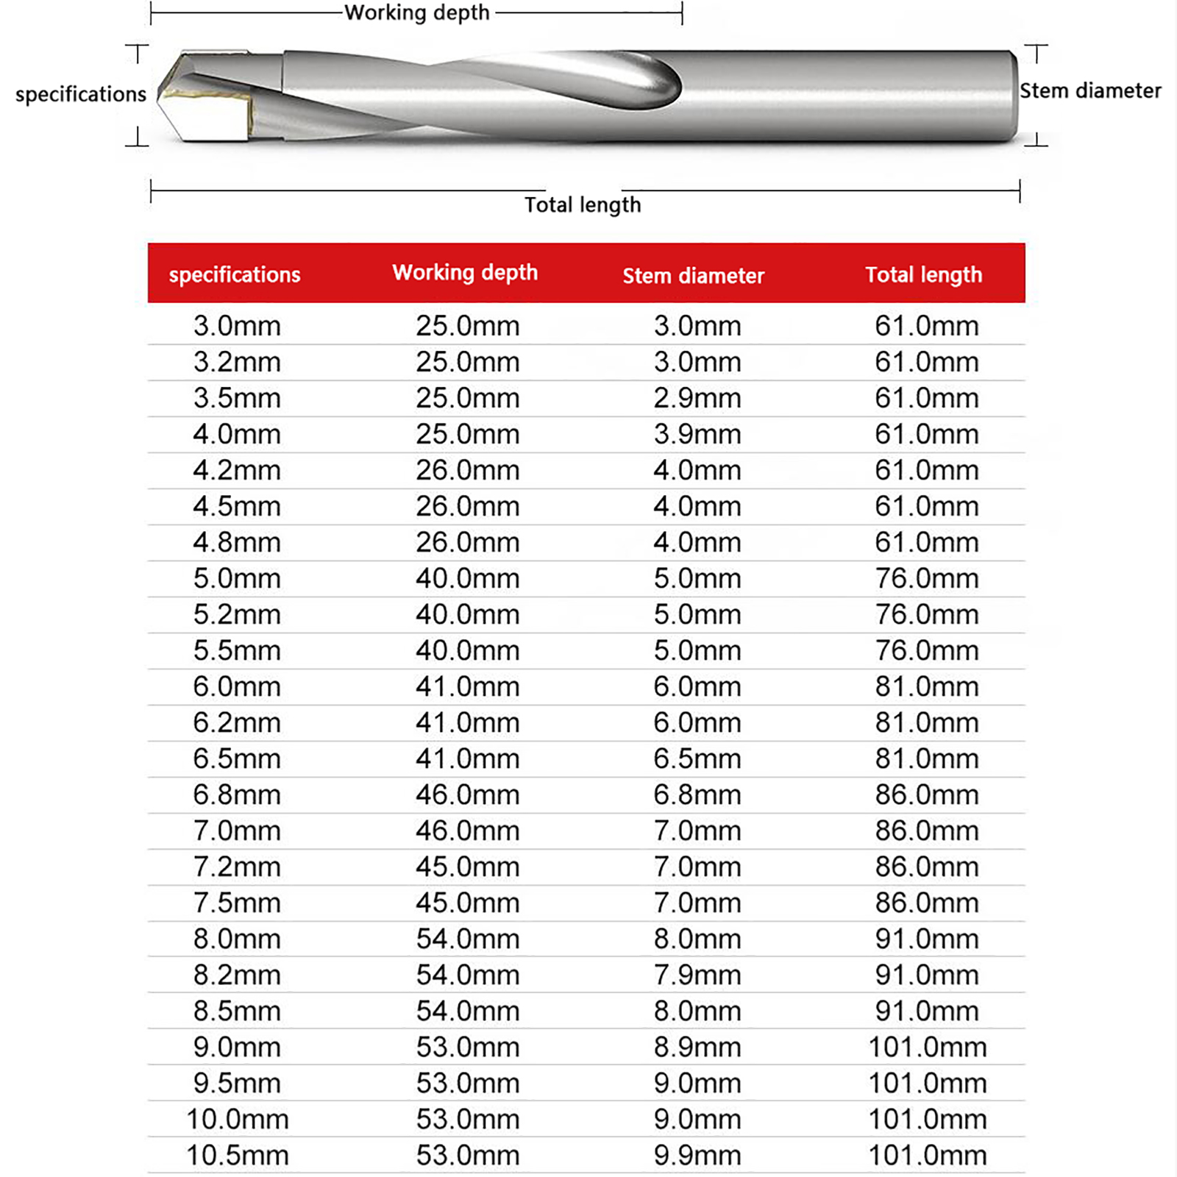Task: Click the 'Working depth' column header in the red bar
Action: pyautogui.click(x=465, y=273)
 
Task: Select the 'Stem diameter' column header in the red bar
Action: pyautogui.click(x=694, y=276)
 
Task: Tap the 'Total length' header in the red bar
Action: pyautogui.click(x=923, y=274)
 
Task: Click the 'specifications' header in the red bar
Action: pyautogui.click(x=235, y=274)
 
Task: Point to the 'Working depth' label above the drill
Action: pyautogui.click(x=417, y=13)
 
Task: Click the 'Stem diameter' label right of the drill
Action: pyautogui.click(x=1090, y=90)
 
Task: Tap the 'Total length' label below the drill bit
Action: pyautogui.click(x=583, y=205)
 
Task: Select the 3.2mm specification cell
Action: pyautogui.click(x=237, y=362)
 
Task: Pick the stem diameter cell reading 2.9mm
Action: pyautogui.click(x=697, y=398)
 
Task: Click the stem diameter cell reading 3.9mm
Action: pyautogui.click(x=697, y=434)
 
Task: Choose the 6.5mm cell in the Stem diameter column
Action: pyautogui.click(x=697, y=758)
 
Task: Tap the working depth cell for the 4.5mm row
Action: pyautogui.click(x=468, y=506)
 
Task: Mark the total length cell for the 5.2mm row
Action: pyautogui.click(x=927, y=614)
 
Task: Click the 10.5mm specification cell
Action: pyautogui.click(x=237, y=1155)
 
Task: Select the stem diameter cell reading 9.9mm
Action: pyautogui.click(x=697, y=1155)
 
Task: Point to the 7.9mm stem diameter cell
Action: pyautogui.click(x=697, y=975)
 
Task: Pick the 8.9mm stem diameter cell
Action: pyautogui.click(x=697, y=1047)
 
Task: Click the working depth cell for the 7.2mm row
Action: pyautogui.click(x=468, y=867)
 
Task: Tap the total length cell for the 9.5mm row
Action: pyautogui.click(x=927, y=1083)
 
